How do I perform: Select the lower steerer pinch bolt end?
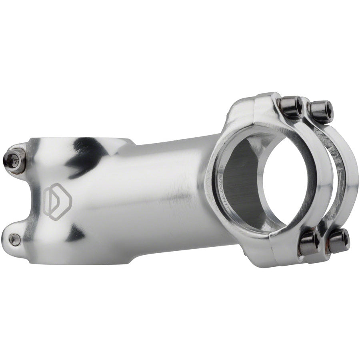pos(15,239)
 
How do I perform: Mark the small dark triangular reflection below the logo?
pos(76,232)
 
